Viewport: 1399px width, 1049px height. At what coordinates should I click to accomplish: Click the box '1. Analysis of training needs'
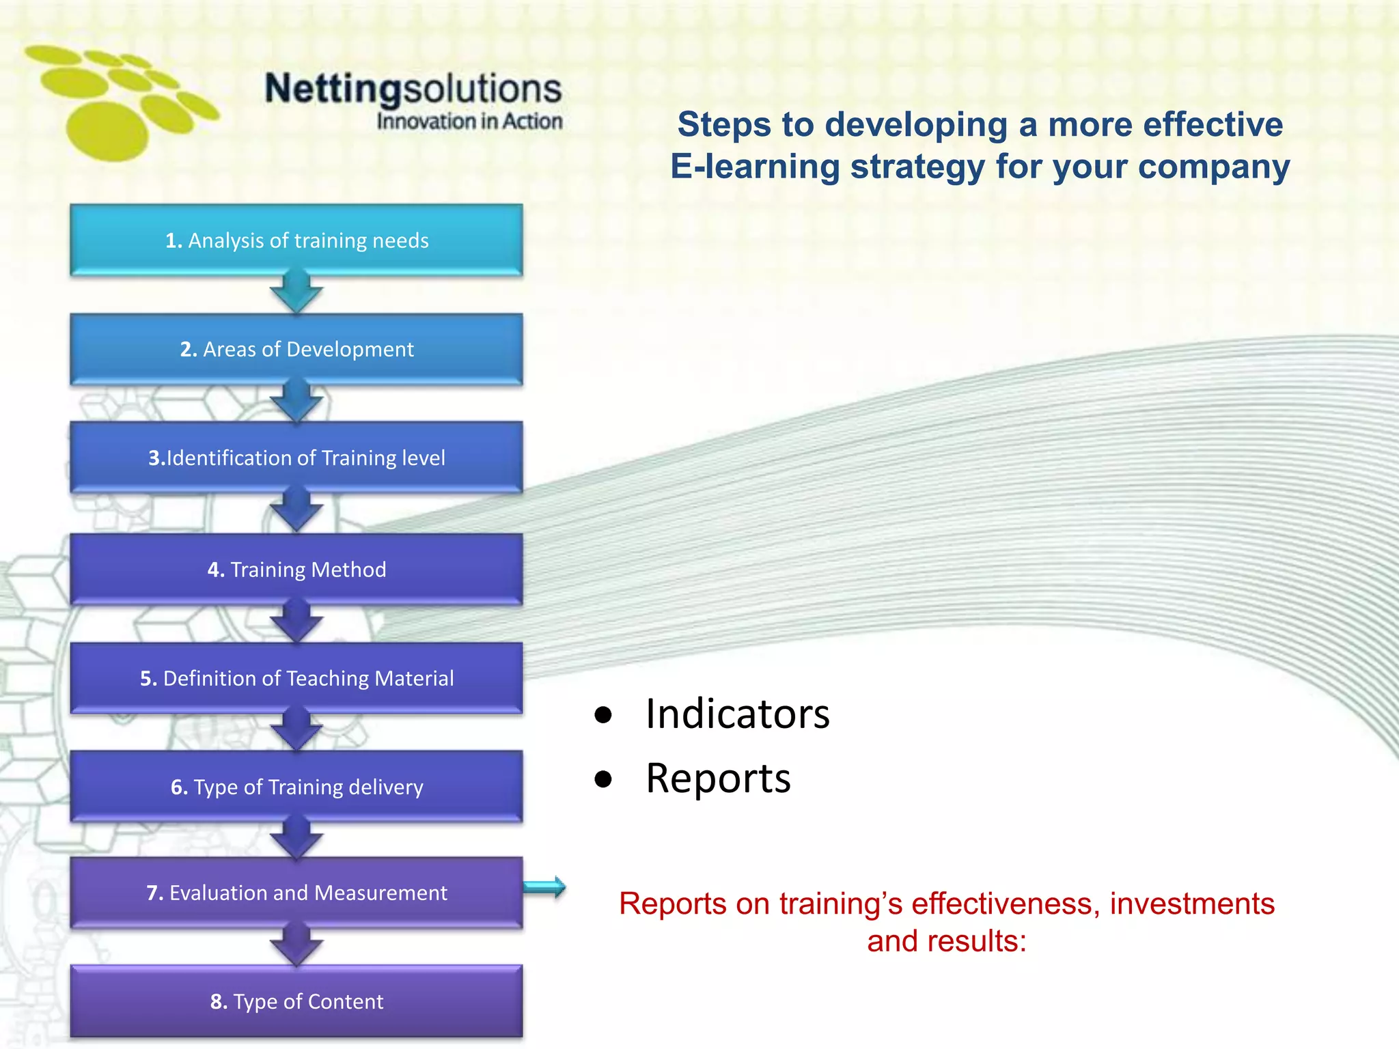[296, 240]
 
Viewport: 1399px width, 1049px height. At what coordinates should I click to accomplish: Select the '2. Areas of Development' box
[296, 349]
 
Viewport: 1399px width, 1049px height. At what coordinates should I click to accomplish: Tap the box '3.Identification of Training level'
[296, 458]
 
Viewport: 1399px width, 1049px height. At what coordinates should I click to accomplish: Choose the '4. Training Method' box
[296, 569]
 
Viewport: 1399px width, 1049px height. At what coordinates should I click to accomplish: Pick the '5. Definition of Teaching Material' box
[296, 678]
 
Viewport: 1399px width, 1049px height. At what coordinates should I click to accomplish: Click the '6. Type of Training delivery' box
[296, 787]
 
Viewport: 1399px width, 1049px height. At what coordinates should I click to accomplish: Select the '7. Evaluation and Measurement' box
[296, 893]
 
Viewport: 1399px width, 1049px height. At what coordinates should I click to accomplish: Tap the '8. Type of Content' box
[296, 1001]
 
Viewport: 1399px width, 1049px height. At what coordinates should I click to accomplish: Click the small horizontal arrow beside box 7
[545, 887]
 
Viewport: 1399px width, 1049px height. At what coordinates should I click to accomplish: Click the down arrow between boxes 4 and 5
[296, 621]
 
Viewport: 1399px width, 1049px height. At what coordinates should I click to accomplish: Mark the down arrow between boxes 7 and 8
[296, 946]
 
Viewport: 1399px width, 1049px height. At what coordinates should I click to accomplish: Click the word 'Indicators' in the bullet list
[737, 714]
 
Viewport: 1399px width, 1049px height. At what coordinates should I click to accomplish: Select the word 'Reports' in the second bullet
[718, 778]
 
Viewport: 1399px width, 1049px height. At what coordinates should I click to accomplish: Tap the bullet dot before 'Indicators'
[603, 715]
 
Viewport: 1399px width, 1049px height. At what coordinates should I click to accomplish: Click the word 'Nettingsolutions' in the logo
[413, 89]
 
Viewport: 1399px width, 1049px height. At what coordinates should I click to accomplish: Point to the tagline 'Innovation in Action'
[469, 122]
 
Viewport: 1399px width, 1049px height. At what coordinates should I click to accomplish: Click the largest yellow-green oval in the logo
[107, 131]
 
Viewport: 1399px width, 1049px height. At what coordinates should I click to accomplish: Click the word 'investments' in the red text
[1192, 904]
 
